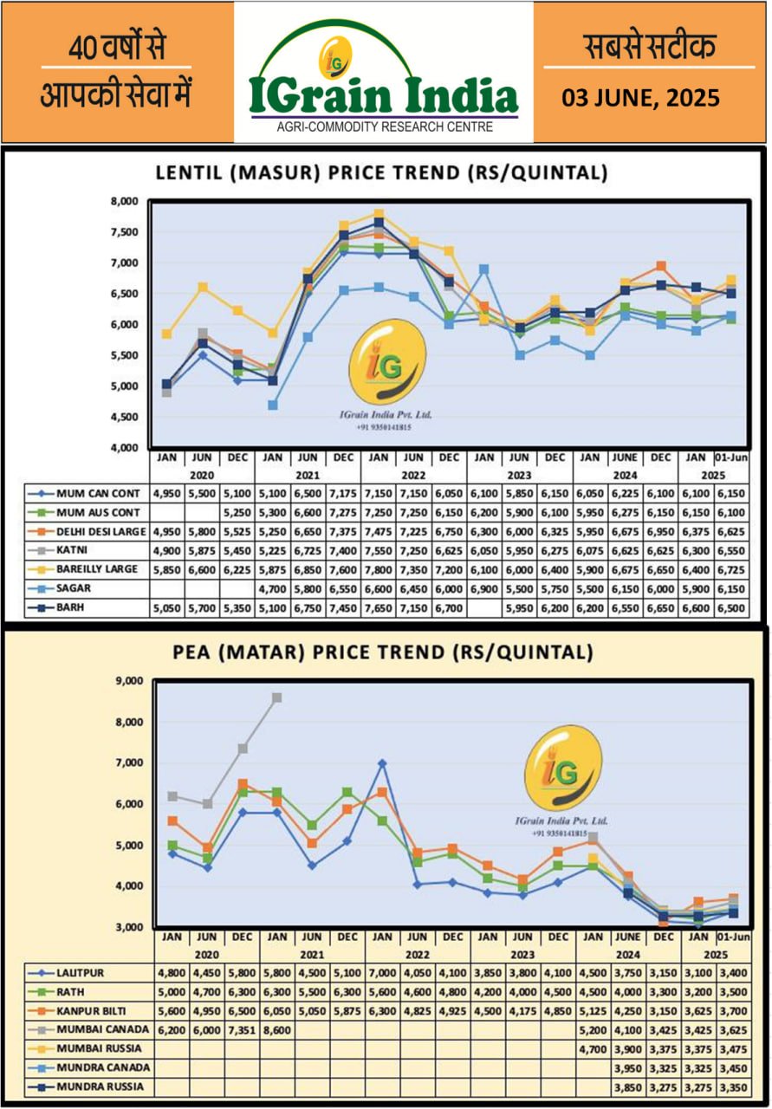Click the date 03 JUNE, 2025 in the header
640,97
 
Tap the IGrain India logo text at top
384,94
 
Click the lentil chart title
381,172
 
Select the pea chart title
385,652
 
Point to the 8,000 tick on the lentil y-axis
126,202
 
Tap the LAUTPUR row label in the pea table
80,972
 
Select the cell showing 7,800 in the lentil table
379,568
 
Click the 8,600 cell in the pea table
276,1031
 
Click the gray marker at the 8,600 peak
276,697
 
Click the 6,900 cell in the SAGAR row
484,588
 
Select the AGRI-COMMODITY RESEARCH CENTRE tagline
384,126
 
